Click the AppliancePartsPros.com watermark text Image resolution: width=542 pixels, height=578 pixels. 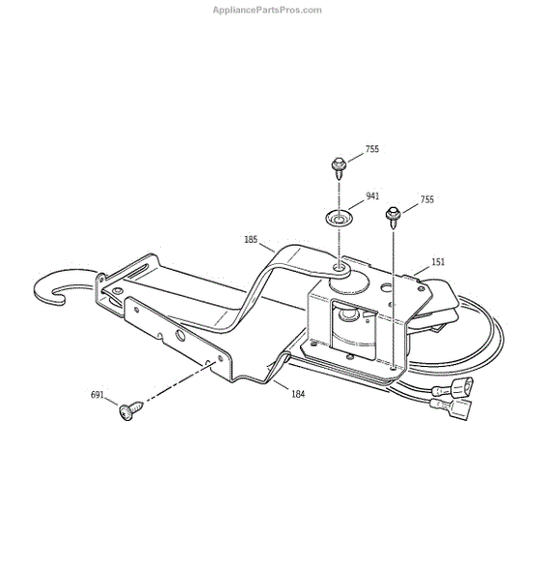point(267,10)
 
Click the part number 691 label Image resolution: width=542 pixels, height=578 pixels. point(97,395)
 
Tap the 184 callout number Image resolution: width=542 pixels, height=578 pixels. point(298,394)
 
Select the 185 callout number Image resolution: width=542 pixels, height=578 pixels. point(251,240)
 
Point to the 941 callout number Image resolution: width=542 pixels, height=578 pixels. point(372,197)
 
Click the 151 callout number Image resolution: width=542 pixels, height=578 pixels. point(438,262)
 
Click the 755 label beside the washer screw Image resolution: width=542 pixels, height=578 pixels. point(372,149)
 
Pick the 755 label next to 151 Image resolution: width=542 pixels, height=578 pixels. point(427,199)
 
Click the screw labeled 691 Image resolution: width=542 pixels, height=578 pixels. point(130,410)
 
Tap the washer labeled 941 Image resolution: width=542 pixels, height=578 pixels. point(338,219)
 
